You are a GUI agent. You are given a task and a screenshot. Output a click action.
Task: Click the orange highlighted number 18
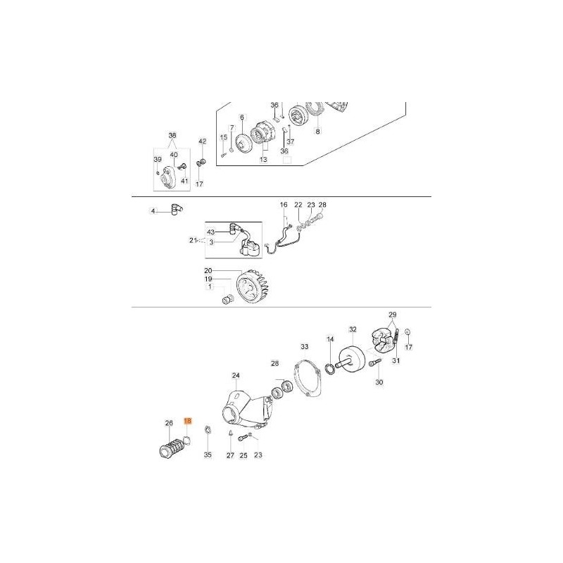tap(188, 421)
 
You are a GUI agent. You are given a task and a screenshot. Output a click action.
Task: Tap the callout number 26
tap(169, 424)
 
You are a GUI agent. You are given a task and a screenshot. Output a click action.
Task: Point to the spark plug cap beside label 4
tap(177, 208)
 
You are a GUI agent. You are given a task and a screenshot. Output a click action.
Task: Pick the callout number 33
tap(305, 347)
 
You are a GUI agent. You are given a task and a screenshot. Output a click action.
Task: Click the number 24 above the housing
tap(236, 376)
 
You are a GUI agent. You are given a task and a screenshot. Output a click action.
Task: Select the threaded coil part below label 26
tap(173, 449)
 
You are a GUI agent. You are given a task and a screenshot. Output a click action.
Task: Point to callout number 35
tap(208, 455)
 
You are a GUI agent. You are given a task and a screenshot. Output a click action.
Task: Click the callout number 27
tap(230, 455)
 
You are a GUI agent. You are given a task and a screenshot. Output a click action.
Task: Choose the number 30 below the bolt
tap(379, 382)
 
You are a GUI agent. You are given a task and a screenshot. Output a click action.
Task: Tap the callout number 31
tap(396, 360)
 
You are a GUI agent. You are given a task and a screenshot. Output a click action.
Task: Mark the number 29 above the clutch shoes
tap(393, 315)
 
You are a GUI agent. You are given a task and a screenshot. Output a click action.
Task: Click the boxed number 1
tap(210, 286)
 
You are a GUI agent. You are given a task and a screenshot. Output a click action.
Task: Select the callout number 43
tap(210, 232)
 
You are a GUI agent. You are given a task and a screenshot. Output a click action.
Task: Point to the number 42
tap(203, 141)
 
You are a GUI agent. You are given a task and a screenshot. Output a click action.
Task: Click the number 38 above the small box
tap(172, 135)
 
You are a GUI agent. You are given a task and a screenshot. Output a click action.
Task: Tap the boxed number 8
tap(317, 132)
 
